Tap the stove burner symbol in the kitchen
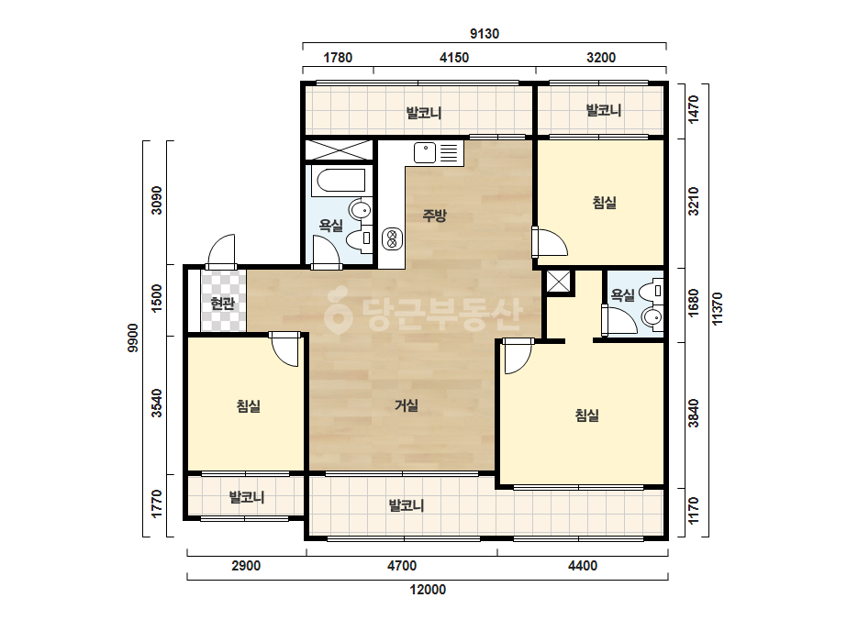392,239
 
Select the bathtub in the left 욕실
341,181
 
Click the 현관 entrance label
223,304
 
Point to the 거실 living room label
407,405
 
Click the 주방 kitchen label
434,216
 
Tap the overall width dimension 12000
428,590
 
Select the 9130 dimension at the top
485,34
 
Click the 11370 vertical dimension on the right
718,309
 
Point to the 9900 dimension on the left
132,338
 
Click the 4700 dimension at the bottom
402,566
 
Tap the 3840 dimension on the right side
694,413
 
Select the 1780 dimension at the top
338,57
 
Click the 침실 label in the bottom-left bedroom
249,406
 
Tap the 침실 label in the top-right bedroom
605,203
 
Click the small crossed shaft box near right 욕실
558,282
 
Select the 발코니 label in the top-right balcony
604,110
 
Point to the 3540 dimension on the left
157,403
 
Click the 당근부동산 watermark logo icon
338,311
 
